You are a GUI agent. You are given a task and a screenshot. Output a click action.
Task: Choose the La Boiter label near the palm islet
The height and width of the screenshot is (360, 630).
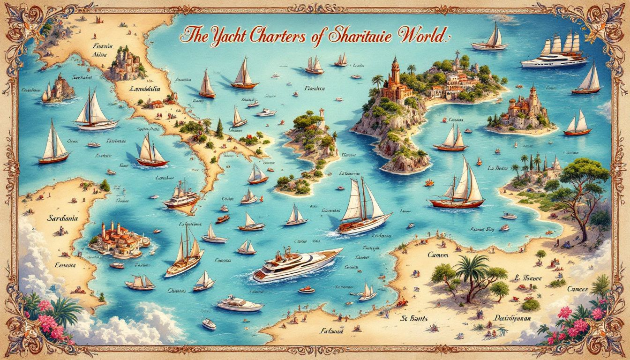(x=498, y=167)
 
